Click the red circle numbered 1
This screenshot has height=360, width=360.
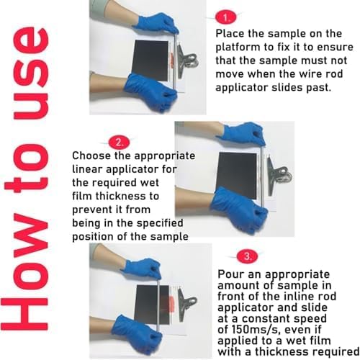(x=225, y=17)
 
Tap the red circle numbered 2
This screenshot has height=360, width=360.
(x=119, y=143)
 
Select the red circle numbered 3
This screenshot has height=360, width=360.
(x=247, y=256)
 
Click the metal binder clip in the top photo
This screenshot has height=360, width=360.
(x=187, y=60)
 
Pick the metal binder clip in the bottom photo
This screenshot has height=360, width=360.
(x=187, y=305)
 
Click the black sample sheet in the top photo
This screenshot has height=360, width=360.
(x=151, y=60)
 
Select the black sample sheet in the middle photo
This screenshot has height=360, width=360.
(x=236, y=174)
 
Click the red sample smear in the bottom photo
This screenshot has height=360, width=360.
(x=171, y=305)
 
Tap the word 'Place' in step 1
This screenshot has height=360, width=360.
(x=230, y=34)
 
